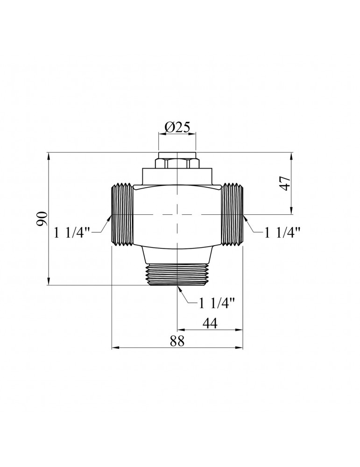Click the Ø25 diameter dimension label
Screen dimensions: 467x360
[x=177, y=127]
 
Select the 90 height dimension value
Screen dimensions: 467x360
[x=42, y=219]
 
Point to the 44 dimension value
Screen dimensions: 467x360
[x=210, y=323]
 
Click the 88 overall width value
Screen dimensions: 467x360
[x=177, y=341]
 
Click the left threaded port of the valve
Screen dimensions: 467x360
[x=122, y=214]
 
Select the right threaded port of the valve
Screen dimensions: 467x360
[x=233, y=214]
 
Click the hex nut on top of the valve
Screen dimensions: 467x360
[x=177, y=164]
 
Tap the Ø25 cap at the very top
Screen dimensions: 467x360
[x=177, y=155]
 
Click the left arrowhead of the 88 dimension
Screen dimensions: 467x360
[x=114, y=347]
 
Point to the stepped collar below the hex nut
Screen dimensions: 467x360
[x=177, y=176]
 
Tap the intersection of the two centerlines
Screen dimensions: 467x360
[x=177, y=214]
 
